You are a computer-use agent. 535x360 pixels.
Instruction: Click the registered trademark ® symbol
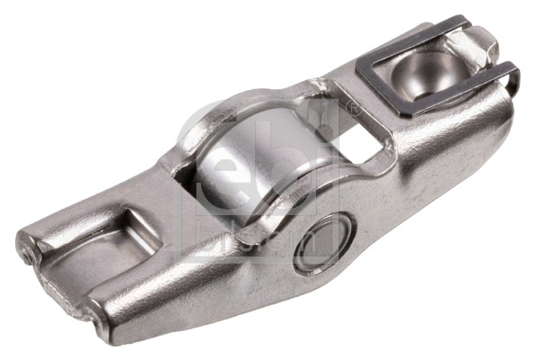(353, 109)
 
